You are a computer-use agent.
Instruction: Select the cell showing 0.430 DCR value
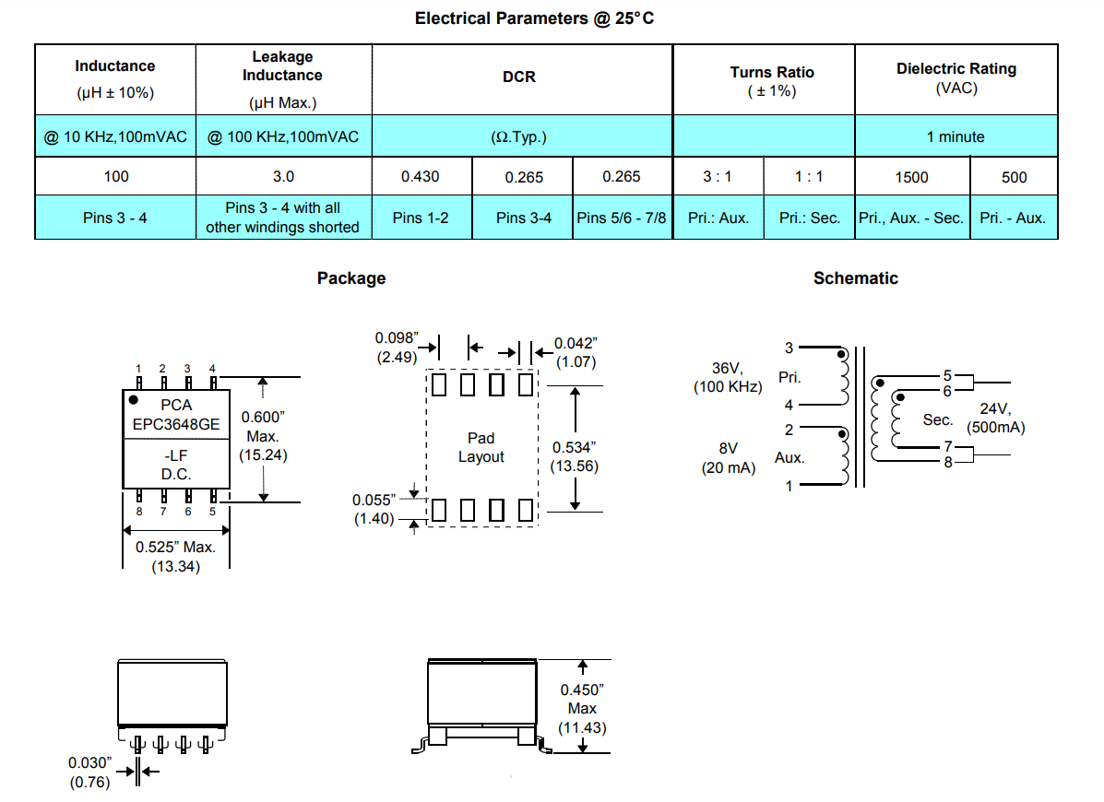coord(421,177)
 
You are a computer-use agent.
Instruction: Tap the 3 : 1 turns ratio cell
coord(718,177)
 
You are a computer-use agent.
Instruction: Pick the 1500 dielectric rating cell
coord(911,177)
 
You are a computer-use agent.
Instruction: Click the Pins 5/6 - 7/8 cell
coord(622,218)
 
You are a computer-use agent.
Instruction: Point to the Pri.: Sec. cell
coord(810,218)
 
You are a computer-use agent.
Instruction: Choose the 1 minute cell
coord(956,137)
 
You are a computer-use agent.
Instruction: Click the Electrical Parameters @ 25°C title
coord(534,18)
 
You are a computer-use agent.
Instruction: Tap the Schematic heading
coord(855,278)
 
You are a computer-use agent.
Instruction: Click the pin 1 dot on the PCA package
coord(134,400)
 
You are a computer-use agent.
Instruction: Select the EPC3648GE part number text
coord(175,424)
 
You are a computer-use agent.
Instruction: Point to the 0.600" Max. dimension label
coord(263,435)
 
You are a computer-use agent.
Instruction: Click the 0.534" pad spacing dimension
coord(576,456)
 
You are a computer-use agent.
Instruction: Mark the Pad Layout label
coord(481,447)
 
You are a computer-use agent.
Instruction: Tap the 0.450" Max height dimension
coord(582,709)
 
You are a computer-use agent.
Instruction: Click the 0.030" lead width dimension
coord(89,773)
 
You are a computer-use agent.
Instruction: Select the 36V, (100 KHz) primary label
coord(729,378)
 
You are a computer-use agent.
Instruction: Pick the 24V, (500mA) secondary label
coord(995,419)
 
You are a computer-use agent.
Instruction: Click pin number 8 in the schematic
coord(948,462)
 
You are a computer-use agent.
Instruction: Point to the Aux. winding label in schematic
coord(789,457)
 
